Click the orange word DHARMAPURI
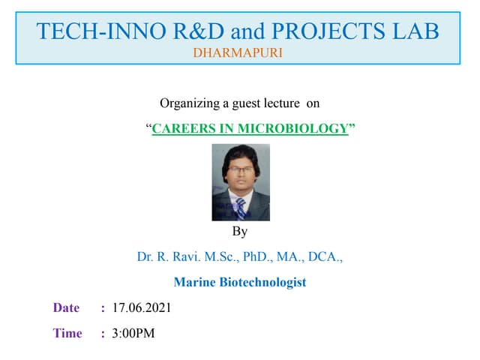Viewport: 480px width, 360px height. (238, 54)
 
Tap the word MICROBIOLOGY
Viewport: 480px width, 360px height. (293, 128)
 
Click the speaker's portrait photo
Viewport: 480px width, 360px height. (241, 182)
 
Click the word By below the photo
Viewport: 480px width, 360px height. (240, 232)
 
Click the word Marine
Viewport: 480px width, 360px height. (194, 283)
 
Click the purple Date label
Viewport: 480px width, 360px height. (66, 308)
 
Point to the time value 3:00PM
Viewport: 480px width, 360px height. (133, 334)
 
